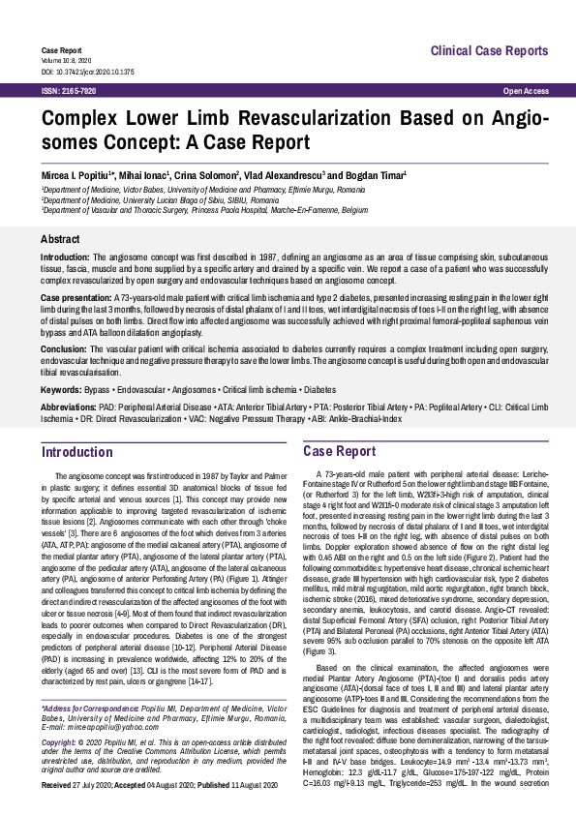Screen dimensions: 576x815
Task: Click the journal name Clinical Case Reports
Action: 488,50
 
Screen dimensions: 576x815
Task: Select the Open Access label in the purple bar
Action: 527,90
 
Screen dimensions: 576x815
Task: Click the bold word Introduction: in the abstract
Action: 66,257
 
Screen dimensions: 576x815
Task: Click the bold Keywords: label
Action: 61,389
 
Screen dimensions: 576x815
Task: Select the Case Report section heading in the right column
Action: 340,452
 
